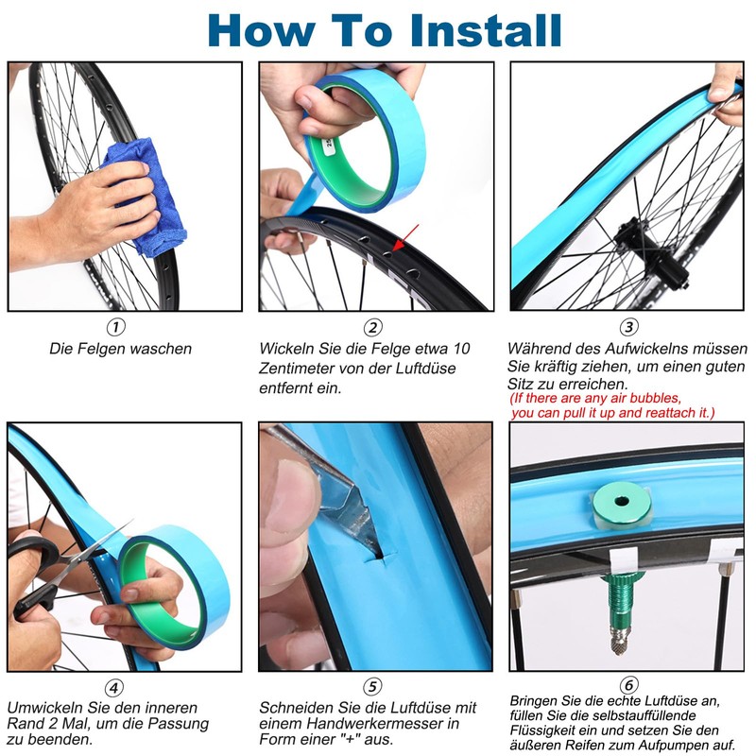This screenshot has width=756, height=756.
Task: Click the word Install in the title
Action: pos(486,30)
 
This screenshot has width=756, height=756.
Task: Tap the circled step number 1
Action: pos(115,327)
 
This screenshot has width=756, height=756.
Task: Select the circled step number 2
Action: pos(372,327)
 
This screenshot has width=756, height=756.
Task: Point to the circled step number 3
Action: pos(628,327)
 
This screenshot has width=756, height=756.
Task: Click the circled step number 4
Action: pos(114,688)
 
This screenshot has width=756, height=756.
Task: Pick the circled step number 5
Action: pos(372,686)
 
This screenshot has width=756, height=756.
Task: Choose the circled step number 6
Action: pos(628,684)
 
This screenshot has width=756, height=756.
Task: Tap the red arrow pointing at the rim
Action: pos(405,238)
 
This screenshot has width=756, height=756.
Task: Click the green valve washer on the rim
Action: pos(622,503)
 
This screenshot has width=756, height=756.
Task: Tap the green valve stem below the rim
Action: pos(622,611)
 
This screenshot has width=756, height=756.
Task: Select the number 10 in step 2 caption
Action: pos(461,348)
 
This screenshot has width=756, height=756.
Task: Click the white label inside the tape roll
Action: pos(329,144)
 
